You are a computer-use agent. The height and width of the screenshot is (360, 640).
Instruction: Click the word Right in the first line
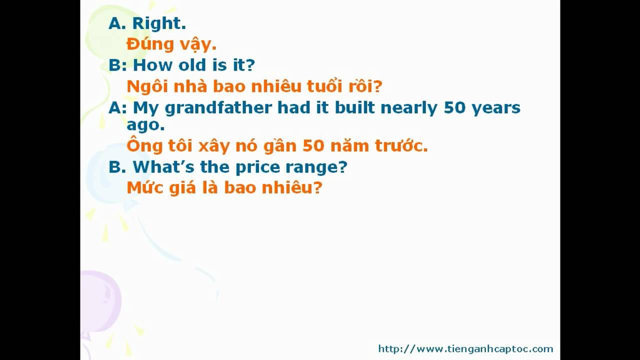click(x=159, y=23)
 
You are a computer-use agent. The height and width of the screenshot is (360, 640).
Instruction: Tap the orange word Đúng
click(x=150, y=44)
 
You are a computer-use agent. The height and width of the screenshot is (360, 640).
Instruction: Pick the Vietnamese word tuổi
click(x=324, y=86)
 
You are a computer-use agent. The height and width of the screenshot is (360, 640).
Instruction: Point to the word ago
click(x=145, y=125)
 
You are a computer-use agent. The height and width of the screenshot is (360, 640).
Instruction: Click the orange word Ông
click(x=144, y=145)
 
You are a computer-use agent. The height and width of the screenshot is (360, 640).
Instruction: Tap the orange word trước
click(x=401, y=145)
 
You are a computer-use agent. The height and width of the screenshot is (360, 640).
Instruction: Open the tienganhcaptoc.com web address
click(x=465, y=349)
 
